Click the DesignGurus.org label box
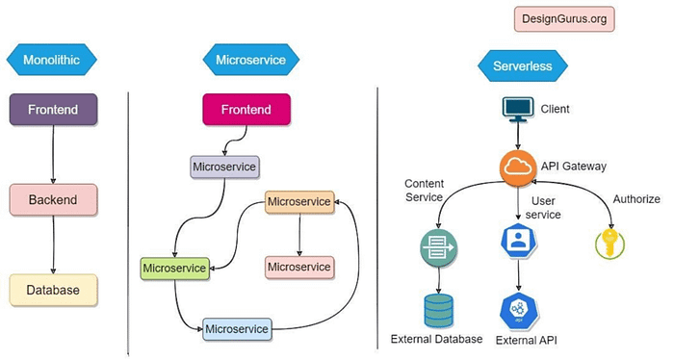coord(564,18)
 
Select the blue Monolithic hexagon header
coord(54,60)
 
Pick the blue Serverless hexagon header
coord(523,67)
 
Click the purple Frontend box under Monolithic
coord(54,111)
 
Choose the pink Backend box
coord(54,199)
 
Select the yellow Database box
coord(54,289)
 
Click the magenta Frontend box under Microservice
coord(246,111)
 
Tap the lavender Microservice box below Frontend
coord(224,167)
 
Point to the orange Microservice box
coord(298,202)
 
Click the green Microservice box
coord(174,267)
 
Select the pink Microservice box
coord(298,266)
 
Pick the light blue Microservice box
coord(237,329)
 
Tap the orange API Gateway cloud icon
coord(518,167)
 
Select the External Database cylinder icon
coord(439,310)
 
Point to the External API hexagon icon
coord(518,312)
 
